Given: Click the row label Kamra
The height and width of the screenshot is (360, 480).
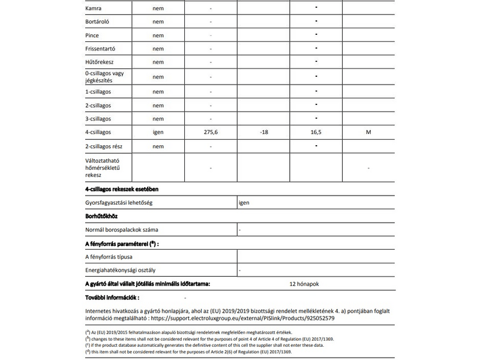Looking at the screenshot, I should [93, 9].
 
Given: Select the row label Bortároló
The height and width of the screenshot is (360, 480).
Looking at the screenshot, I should [98, 22].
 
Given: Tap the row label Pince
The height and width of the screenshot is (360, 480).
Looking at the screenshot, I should [92, 35].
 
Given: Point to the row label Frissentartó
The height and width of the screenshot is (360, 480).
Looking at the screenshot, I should [101, 49].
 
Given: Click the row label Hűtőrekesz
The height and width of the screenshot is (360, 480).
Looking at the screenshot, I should [100, 62].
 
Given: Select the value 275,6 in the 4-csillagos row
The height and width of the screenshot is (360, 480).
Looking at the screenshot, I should [211, 132].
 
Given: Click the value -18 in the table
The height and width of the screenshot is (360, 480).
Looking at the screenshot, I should [264, 132].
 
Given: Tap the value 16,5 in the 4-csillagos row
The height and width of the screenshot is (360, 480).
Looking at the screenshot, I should [316, 132].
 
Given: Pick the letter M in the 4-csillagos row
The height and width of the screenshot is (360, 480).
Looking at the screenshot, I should [368, 132].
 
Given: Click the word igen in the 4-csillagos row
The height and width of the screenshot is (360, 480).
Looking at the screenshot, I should [158, 132].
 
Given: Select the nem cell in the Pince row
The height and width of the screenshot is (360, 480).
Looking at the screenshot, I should [158, 35].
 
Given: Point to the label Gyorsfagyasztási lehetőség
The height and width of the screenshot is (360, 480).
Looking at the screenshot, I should [119, 203].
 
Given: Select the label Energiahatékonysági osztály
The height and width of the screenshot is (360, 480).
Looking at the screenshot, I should [121, 271].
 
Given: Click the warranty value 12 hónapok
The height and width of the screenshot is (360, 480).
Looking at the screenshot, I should [308, 284].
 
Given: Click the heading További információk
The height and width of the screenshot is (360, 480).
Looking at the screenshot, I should [113, 297].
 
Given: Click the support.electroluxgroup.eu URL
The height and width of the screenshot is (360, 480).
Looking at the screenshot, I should [253, 318].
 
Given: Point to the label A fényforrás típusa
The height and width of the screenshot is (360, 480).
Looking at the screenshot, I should [109, 257].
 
